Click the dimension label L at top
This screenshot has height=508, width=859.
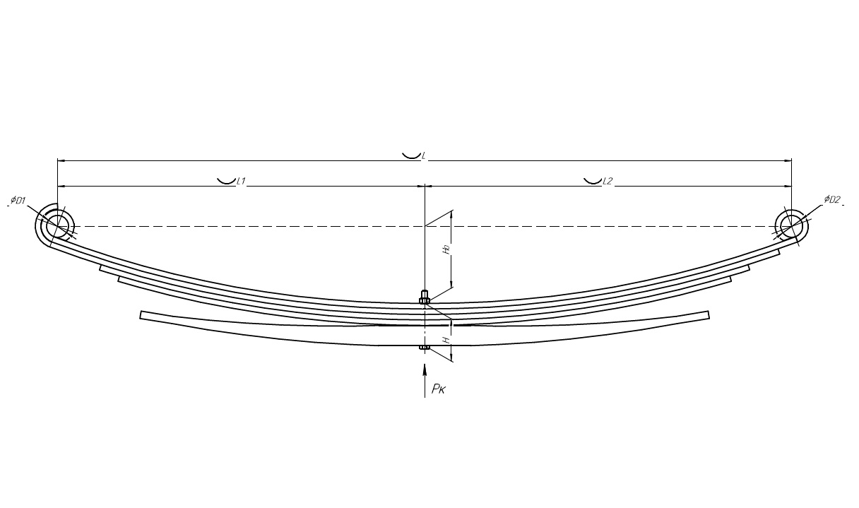tap(424, 157)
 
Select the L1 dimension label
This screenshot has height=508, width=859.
tap(241, 181)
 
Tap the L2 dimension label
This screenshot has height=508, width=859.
tap(608, 181)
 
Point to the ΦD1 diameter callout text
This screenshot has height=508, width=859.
tap(18, 200)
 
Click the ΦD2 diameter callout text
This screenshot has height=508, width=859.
tap(832, 199)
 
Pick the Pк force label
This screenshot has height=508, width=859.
tap(438, 389)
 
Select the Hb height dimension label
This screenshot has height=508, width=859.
tap(446, 250)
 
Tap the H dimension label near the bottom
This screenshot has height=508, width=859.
tap(446, 340)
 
